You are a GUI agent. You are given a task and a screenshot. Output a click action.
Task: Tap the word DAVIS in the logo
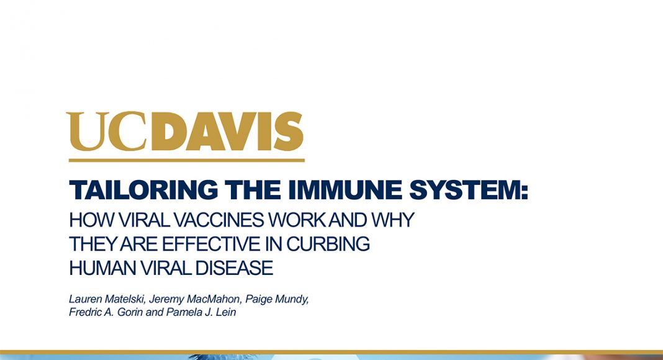pyautogui.click(x=227, y=131)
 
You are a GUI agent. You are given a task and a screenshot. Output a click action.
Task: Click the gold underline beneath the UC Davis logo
pyautogui.click(x=186, y=160)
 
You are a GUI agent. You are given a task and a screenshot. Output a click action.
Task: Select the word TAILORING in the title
pyautogui.click(x=143, y=190)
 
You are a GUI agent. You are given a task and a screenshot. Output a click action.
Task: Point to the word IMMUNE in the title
pyautogui.click(x=345, y=190)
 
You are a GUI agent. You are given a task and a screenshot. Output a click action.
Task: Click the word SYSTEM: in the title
pyautogui.click(x=469, y=190)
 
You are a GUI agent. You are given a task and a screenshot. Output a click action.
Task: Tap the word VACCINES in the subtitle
pyautogui.click(x=219, y=220)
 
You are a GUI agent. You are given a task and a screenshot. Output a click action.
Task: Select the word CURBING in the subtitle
pyautogui.click(x=328, y=244)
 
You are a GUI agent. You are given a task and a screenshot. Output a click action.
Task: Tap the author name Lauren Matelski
pyautogui.click(x=107, y=299)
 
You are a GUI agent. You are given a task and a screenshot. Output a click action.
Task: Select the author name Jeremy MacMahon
pyautogui.click(x=195, y=299)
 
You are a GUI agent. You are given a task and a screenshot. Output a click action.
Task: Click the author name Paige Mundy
pyautogui.click(x=277, y=299)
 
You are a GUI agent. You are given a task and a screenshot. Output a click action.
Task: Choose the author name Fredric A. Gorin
pyautogui.click(x=106, y=312)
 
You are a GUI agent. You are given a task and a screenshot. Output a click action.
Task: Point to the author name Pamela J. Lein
pyautogui.click(x=201, y=312)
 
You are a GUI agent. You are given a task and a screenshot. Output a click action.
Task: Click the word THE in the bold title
pyautogui.click(x=253, y=190)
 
